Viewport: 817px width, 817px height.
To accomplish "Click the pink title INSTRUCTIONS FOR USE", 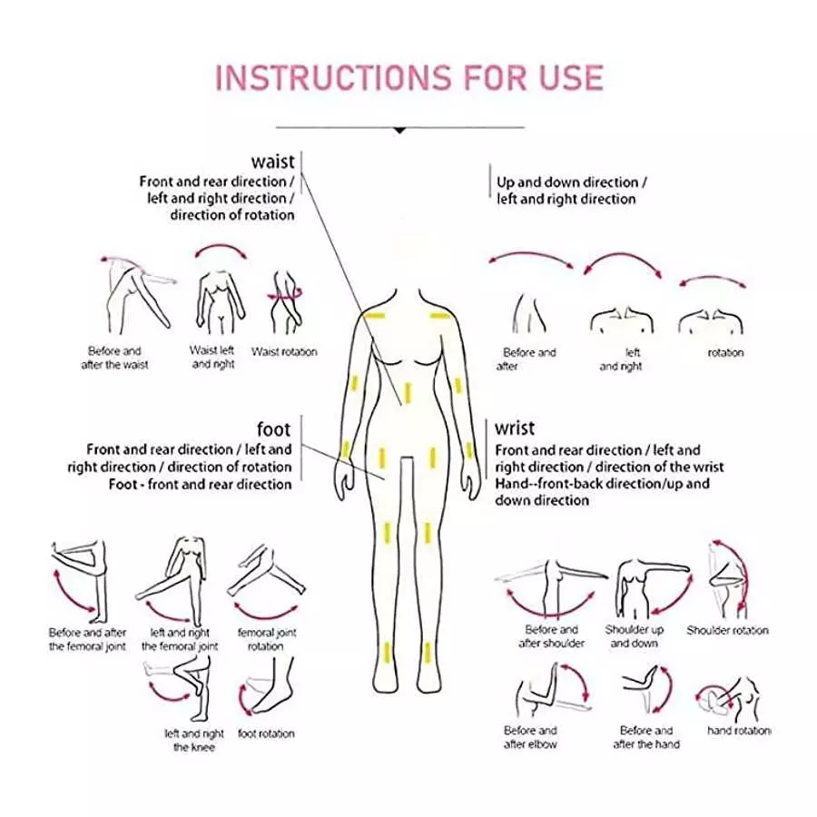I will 409,77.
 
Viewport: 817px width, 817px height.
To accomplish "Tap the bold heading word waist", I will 273,162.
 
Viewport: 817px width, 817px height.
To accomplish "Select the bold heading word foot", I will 274,428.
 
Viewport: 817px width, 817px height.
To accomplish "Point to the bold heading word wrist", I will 515,428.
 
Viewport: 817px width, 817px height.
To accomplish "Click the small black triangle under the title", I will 400,131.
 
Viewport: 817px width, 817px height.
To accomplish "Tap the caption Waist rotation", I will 284,351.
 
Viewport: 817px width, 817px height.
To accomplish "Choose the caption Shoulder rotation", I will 727,630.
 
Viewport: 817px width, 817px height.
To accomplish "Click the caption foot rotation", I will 266,733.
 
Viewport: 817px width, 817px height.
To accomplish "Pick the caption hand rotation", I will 738,730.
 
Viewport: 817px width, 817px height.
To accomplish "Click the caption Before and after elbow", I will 531,737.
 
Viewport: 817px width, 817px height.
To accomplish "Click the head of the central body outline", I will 408,263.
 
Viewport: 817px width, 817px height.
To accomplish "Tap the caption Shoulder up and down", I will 634,636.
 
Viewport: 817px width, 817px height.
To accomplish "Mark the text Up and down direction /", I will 567,182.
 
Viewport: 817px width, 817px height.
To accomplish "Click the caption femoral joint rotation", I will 266,639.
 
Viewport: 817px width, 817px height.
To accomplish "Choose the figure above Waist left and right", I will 215,300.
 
